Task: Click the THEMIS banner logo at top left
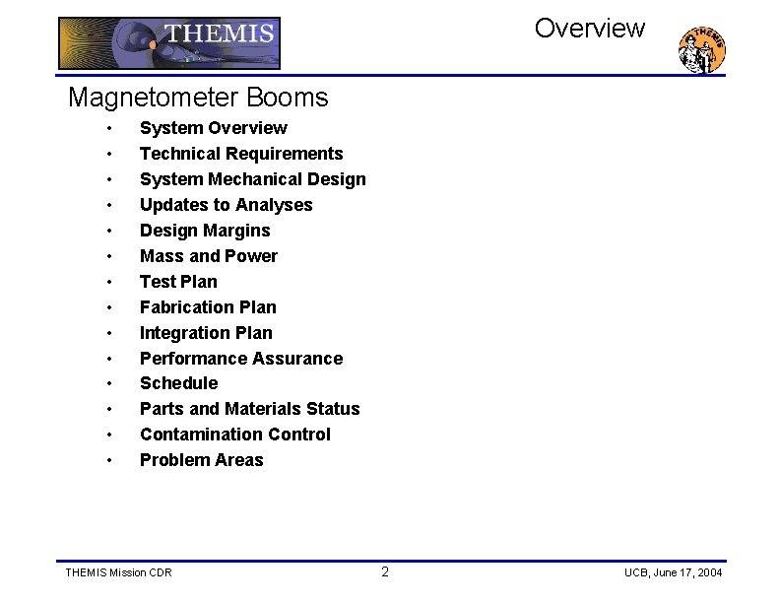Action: click(169, 43)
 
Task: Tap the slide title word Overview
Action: click(589, 29)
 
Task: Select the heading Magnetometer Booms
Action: click(198, 98)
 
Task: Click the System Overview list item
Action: click(214, 128)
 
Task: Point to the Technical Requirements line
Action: click(241, 154)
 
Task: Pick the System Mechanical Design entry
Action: click(252, 179)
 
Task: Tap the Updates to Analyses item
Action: click(226, 205)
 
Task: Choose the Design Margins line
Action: click(205, 231)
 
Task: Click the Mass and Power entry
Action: click(209, 256)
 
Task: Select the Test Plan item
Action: click(178, 282)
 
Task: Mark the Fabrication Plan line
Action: click(208, 307)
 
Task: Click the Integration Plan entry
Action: click(206, 333)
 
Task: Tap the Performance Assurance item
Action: click(241, 359)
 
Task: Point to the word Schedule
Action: click(178, 383)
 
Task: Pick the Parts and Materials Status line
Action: click(249, 409)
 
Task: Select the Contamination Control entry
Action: click(234, 435)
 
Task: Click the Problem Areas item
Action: click(201, 460)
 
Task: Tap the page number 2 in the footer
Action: click(385, 572)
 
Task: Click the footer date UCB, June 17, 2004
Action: click(673, 573)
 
